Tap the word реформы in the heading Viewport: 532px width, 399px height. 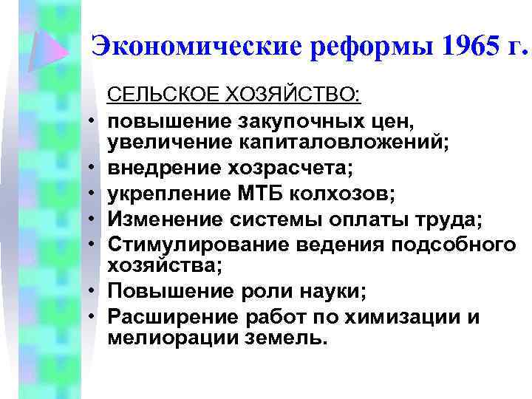pyautogui.click(x=354, y=47)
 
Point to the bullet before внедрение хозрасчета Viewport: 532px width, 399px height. pyautogui.click(x=96, y=172)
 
